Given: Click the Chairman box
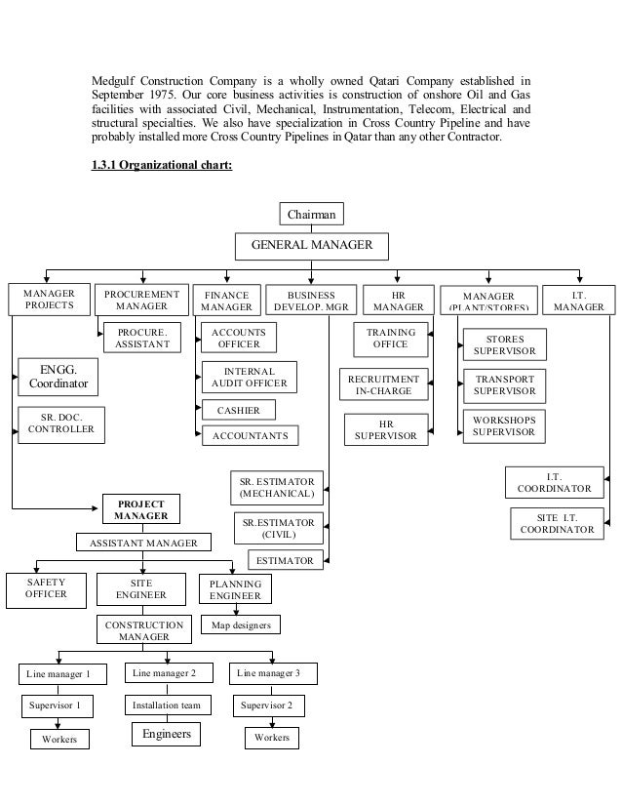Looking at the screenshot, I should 312,213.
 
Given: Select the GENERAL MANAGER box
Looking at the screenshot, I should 312,245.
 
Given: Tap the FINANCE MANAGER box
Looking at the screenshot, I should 226,301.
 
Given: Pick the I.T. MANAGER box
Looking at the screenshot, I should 579,301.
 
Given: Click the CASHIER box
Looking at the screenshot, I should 238,411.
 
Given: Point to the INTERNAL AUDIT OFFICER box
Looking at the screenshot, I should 250,378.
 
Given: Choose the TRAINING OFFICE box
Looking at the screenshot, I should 390,339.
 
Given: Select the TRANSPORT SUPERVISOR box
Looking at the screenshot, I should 504,383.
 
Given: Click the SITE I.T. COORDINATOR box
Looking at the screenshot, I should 557,523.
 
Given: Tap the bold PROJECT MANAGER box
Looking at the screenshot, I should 140,509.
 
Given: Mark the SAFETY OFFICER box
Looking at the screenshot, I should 46,588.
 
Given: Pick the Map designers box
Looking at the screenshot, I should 241,625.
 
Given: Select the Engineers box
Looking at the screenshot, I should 167,734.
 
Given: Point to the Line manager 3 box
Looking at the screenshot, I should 268,673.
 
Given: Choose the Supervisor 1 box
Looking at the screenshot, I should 54,705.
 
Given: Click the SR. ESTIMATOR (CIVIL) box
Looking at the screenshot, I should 278,529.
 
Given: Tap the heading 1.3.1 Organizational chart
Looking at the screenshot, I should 161,163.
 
